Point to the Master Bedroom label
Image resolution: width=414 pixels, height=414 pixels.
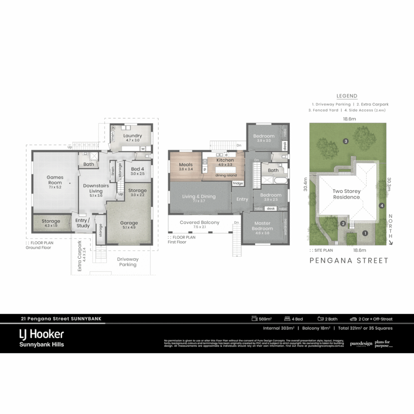click(262, 226)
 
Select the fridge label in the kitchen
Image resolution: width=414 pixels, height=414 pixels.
click(238, 184)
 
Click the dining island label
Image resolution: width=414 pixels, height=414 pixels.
click(226, 175)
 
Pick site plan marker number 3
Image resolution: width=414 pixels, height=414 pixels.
click(346, 141)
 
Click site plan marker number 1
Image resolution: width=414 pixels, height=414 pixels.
click(365, 233)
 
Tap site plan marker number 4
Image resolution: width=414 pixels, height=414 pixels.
click(381, 205)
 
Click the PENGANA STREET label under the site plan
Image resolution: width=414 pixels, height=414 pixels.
click(349, 261)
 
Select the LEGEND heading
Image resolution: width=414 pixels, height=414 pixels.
click(347, 96)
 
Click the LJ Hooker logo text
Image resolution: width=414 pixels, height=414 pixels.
click(41, 334)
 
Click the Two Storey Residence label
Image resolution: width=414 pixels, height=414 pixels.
click(346, 194)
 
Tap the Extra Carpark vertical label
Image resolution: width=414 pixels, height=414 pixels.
click(80, 256)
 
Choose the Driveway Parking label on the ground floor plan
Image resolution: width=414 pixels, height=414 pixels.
click(128, 262)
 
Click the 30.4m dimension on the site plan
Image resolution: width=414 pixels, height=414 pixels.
click(306, 184)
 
